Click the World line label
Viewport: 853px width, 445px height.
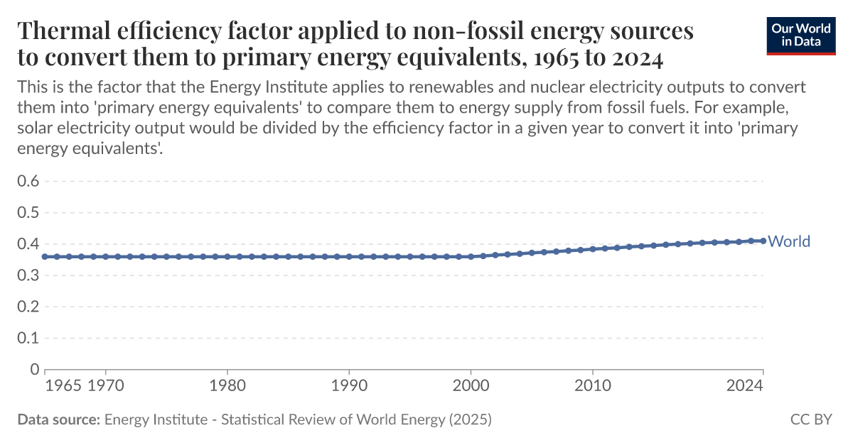click(x=789, y=241)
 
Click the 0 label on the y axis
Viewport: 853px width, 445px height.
click(x=33, y=369)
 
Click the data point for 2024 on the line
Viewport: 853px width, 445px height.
click(x=763, y=241)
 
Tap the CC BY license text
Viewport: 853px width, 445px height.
click(x=810, y=419)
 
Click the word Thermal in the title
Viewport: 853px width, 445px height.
click(x=61, y=31)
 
